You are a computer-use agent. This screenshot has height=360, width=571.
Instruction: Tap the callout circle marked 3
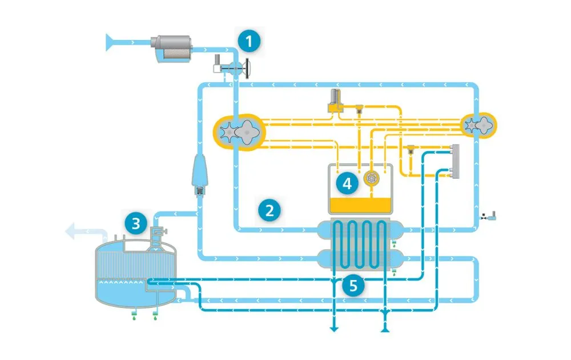[x=135, y=223]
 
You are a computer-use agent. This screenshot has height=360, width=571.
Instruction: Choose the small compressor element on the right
[x=478, y=124]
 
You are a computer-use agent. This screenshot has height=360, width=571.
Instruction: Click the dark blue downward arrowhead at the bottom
[x=332, y=329]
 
